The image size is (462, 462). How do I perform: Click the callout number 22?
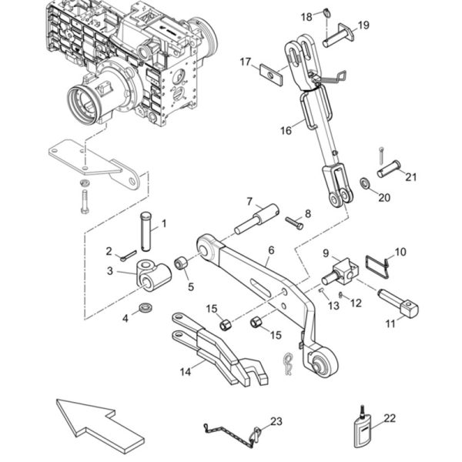[389, 418]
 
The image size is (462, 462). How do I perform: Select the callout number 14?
[186, 372]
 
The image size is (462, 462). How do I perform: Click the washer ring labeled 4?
[145, 308]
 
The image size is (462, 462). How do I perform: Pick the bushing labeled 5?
[180, 263]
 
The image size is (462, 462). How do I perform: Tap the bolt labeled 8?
[294, 223]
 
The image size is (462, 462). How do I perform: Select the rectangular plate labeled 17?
[271, 75]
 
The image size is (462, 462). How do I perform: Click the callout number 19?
[363, 25]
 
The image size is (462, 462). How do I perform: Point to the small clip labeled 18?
[326, 12]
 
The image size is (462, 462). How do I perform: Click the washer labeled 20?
[365, 183]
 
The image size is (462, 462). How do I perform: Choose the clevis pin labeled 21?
[389, 169]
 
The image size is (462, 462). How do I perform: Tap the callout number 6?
[271, 250]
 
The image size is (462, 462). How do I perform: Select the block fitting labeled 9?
[340, 271]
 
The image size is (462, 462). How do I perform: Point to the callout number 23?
[276, 421]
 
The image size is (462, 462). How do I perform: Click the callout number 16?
[286, 130]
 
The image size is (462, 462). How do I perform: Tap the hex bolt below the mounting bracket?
[85, 202]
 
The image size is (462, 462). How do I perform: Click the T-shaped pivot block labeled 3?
[153, 275]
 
